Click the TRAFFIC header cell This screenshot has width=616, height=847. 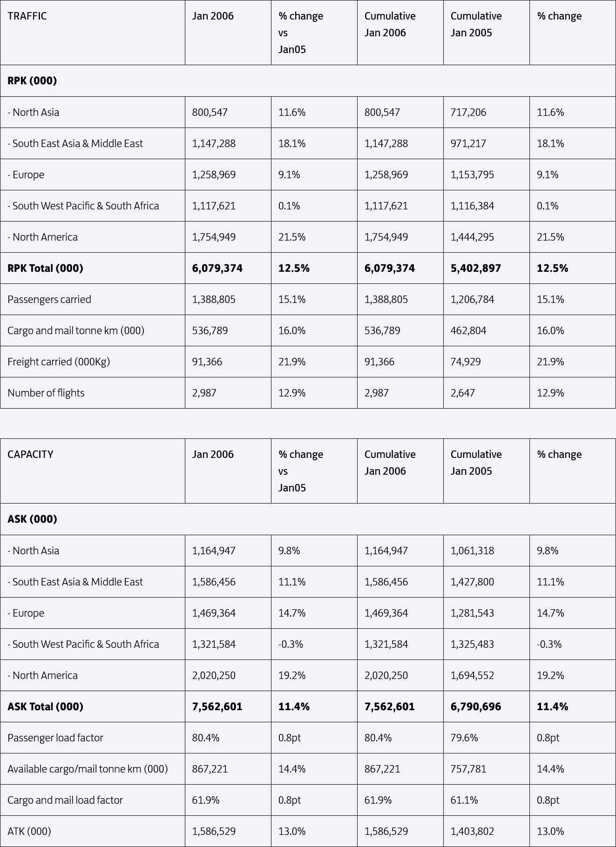(27, 16)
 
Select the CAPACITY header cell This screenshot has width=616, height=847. (30, 455)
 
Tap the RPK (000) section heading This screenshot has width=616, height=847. (32, 81)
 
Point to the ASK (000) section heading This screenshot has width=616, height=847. (32, 519)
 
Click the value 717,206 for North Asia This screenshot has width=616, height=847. (468, 113)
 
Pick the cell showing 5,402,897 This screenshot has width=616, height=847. (475, 269)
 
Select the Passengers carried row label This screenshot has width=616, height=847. (49, 300)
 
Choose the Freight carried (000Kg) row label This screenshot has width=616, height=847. (59, 362)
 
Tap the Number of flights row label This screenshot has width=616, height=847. (46, 393)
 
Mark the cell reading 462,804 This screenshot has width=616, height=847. (468, 331)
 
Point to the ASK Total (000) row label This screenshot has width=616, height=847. (45, 707)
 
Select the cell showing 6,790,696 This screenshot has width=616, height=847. (475, 707)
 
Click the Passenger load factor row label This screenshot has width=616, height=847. (55, 738)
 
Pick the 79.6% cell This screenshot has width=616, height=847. (464, 738)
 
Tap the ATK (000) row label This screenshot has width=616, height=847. (29, 832)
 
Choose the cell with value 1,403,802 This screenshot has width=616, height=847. (472, 832)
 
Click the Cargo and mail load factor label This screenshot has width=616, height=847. (65, 800)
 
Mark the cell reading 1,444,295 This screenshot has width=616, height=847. (472, 237)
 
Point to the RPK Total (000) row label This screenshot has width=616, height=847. (45, 269)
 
